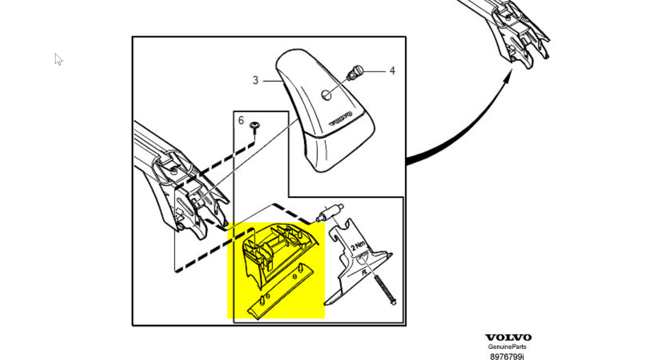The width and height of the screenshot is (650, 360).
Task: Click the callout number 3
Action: [255, 80]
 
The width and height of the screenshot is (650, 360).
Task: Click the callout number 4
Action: [392, 71]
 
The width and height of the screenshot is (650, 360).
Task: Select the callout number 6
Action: [241, 120]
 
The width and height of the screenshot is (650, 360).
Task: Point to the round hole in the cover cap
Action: [326, 95]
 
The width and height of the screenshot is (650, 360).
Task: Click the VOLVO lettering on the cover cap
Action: [341, 119]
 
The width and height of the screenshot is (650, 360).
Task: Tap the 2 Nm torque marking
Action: [358, 245]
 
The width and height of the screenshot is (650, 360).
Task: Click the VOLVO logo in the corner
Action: [508, 337]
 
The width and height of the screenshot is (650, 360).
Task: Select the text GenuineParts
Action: [507, 347]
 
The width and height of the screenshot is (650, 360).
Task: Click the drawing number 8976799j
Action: [507, 356]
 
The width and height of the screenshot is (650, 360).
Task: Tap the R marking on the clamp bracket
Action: [364, 272]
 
